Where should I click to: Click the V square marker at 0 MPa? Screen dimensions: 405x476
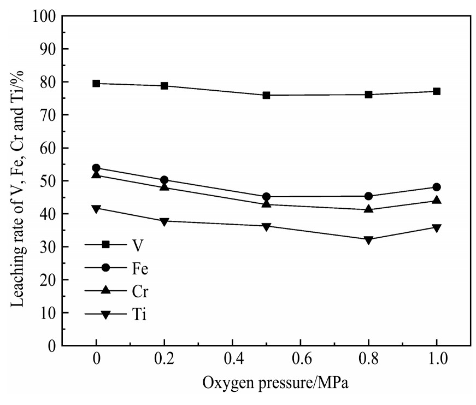click(x=96, y=84)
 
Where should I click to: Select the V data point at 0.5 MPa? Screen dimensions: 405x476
click(x=266, y=95)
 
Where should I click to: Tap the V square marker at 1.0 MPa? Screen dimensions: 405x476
click(x=437, y=91)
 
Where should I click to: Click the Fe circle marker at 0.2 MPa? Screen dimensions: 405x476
click(x=164, y=180)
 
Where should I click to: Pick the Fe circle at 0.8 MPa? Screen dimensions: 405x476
click(x=368, y=196)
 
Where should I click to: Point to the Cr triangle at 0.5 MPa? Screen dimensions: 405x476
click(x=266, y=203)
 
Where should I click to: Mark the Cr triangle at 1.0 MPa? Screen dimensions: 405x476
click(x=437, y=200)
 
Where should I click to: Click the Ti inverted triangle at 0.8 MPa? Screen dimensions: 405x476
click(x=368, y=240)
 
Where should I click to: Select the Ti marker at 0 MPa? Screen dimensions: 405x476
click(x=96, y=209)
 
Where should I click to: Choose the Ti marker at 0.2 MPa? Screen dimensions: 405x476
click(x=164, y=222)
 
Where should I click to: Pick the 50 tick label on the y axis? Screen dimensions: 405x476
click(x=48, y=181)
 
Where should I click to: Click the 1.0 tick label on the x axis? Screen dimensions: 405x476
click(x=437, y=359)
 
